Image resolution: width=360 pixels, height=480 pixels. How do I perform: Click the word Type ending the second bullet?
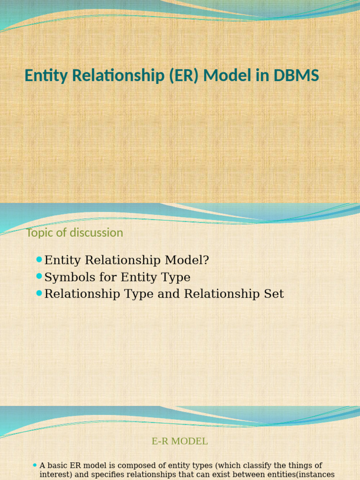pyautogui.click(x=177, y=277)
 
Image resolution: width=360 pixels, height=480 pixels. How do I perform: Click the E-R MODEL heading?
pyautogui.click(x=180, y=441)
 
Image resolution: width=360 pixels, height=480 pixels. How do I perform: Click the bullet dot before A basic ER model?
pyautogui.click(x=35, y=465)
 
